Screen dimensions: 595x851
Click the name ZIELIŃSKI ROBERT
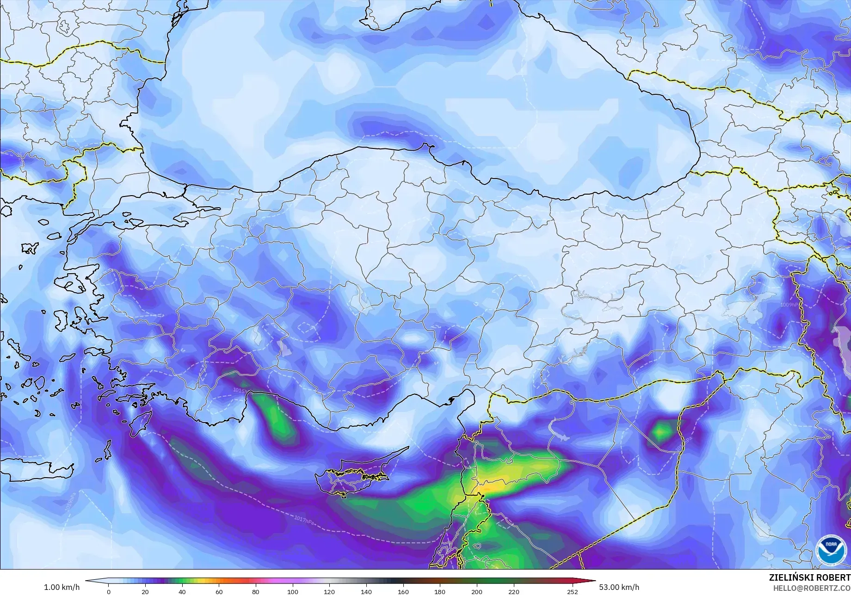[809, 578]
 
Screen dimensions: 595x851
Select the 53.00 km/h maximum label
[618, 587]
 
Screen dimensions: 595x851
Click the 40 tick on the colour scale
[182, 591]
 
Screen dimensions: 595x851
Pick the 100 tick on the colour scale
[292, 591]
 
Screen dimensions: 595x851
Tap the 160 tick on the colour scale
[403, 591]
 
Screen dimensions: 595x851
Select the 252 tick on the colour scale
[572, 591]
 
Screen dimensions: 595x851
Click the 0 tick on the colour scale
[109, 591]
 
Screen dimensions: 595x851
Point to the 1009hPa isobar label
[789, 305]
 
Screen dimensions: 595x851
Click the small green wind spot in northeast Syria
[662, 431]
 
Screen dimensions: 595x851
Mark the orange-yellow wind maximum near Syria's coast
[490, 485]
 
